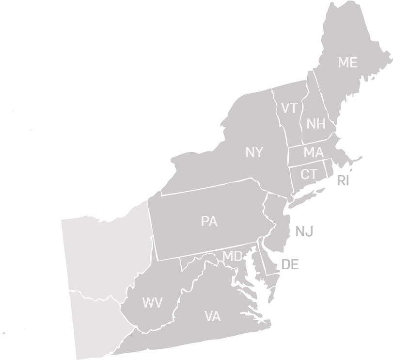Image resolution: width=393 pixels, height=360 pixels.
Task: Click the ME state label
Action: click(x=347, y=63)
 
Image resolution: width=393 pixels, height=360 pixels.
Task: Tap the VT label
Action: click(x=289, y=108)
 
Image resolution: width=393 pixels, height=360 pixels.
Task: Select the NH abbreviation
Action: click(x=315, y=124)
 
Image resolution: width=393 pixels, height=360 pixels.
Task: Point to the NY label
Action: click(x=254, y=153)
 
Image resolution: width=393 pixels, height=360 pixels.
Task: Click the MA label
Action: click(x=314, y=153)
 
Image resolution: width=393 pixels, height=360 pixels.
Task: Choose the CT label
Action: click(x=309, y=174)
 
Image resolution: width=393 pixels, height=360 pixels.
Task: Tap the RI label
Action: click(x=343, y=181)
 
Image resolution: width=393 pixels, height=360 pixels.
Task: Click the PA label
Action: click(x=209, y=222)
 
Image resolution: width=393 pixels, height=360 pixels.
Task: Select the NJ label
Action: click(x=304, y=232)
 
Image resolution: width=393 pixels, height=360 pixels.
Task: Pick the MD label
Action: click(x=232, y=256)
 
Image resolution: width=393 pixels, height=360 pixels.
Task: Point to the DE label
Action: click(x=290, y=264)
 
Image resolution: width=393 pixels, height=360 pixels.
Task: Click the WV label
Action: click(x=152, y=303)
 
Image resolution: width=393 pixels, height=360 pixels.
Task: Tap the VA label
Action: click(x=212, y=317)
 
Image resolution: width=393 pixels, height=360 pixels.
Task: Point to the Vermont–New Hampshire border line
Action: click(x=302, y=121)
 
